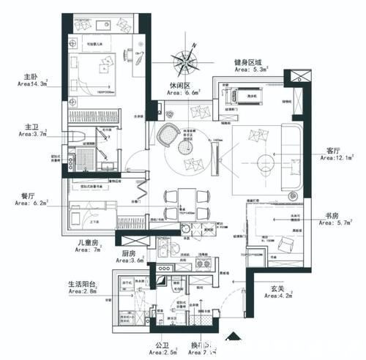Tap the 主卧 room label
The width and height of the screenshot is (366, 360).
pos(31,75)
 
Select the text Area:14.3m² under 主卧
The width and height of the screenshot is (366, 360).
pos(31,84)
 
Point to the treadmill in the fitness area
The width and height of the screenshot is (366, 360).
pos(244,94)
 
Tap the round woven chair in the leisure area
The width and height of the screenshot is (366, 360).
pos(168,134)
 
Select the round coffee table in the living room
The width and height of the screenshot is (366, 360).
pos(261,162)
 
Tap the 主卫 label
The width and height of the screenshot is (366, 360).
pos(31,126)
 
